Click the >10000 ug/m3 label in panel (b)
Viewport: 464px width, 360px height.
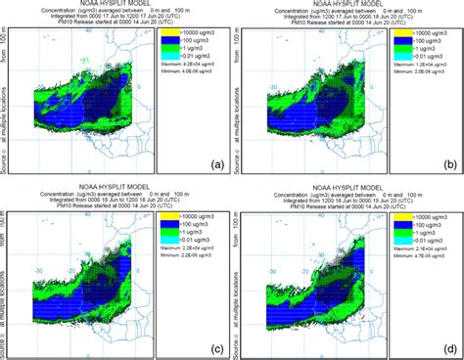click(x=425, y=32)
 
